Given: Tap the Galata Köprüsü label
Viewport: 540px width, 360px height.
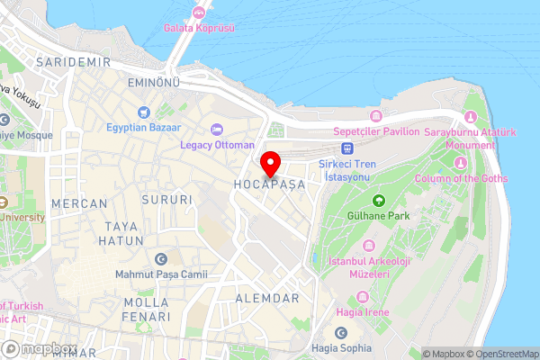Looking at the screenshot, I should pos(199,28).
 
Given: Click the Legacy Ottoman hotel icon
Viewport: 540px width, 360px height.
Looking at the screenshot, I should pos(217,130).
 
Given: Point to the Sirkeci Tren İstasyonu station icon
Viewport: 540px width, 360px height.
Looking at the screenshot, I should pos(348,148).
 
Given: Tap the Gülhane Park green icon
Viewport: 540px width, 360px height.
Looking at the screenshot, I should pos(378,200).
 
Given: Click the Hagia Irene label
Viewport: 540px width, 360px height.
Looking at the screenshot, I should pos(363,311).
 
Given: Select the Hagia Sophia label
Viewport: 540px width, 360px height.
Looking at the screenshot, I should pos(342,348).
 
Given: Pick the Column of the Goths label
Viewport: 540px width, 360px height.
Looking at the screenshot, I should pos(460,178).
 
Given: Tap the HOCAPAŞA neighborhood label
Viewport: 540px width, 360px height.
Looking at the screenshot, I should pos(270,183).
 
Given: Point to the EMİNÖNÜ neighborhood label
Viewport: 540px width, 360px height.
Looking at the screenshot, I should pos(153,83).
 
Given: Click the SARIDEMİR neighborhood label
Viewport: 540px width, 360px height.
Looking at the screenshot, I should pos(73,61).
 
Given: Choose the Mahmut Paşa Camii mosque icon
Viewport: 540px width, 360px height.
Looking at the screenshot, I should pos(161,259).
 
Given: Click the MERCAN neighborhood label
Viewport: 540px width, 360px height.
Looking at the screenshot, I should pos(79,204).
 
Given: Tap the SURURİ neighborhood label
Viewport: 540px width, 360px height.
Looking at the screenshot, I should pos(168,199).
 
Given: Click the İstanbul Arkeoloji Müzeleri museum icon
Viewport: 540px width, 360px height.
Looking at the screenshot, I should pos(367,246).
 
